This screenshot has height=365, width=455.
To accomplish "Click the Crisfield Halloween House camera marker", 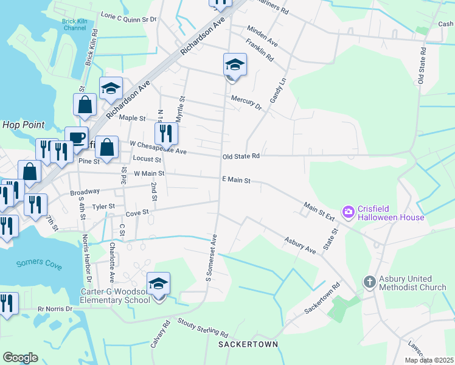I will pos(349,212).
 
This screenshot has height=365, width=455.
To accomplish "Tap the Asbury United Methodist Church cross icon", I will pos(369,282).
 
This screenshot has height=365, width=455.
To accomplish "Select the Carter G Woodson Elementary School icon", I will pos(159,283).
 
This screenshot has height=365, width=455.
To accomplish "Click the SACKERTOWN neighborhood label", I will pos(248,344).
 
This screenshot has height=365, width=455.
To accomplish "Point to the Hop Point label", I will pos(24,125).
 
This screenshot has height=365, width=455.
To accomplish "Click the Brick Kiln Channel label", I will pos(75,24).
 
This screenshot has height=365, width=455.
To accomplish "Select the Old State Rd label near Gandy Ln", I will pos(241,156).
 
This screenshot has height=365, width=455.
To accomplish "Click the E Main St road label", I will pos(237,179).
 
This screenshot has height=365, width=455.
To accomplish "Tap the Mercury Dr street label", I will pos(246,102).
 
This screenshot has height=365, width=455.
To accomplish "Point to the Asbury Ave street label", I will pos(300,242).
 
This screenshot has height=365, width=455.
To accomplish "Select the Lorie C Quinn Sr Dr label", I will pos(128,18).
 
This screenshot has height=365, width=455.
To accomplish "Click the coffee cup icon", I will pos(77,137).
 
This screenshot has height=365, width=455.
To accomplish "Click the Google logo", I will pos(20,358).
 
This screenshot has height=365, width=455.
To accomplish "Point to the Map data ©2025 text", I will pos(429,360).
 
